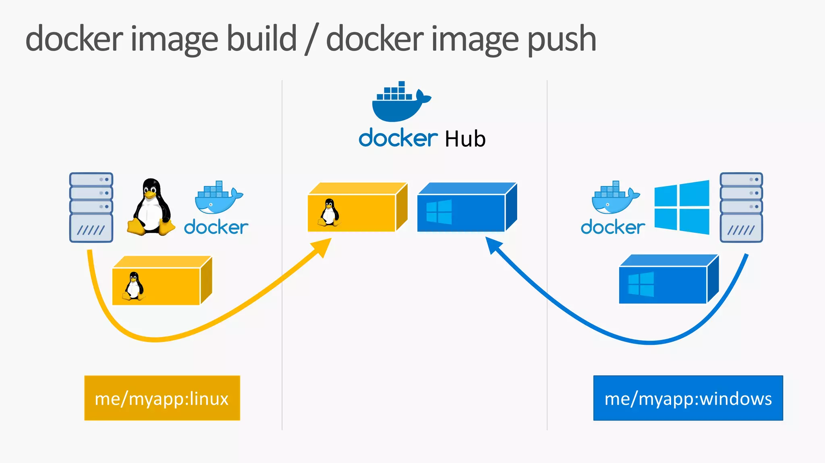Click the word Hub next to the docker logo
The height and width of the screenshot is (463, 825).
(465, 139)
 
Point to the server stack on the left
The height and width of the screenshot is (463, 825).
(91, 207)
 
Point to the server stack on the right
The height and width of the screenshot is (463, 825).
(741, 207)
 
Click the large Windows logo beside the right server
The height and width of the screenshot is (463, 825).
(682, 207)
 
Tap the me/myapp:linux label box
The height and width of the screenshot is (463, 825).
(162, 398)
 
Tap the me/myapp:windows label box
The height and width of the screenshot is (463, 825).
(688, 398)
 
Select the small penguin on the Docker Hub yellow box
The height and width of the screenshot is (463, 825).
(330, 212)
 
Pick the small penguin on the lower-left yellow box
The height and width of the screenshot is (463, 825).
(134, 286)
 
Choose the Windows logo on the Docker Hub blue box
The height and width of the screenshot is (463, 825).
(439, 212)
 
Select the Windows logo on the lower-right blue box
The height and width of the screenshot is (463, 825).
(641, 284)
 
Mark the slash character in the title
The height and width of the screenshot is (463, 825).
(311, 39)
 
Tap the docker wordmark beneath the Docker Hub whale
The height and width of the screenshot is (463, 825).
(398, 138)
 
